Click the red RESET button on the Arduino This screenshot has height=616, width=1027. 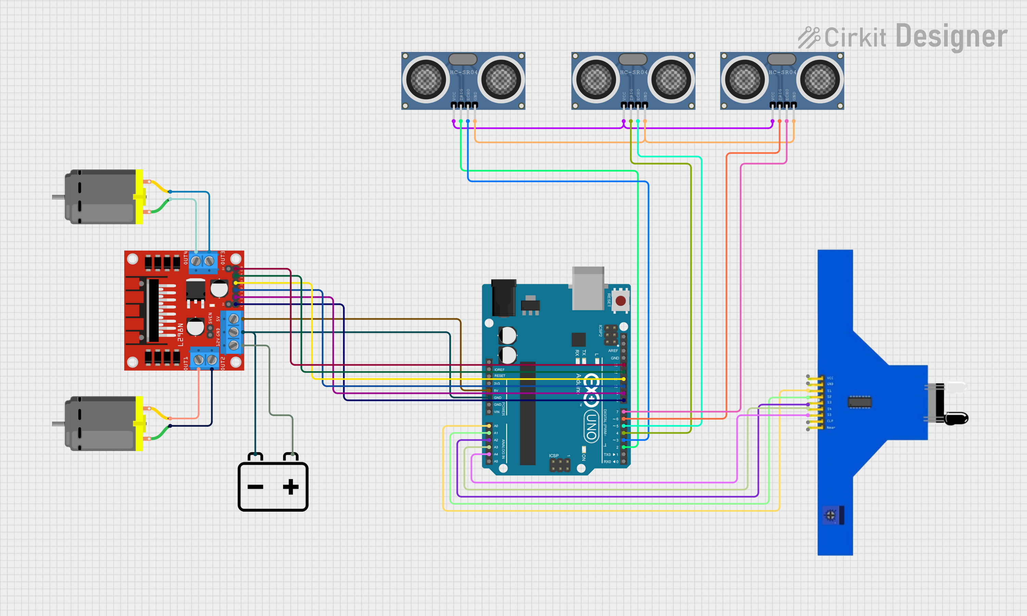coord(620,301)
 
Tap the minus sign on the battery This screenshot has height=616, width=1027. coord(255,487)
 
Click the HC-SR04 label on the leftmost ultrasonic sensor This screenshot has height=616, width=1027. coord(464,72)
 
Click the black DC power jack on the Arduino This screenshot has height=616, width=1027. coord(503,298)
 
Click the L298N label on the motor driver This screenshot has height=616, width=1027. coord(180,335)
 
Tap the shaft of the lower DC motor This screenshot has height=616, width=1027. coord(58,424)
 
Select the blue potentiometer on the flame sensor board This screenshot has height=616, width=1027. coord(830,515)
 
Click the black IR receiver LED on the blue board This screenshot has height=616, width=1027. coord(956,418)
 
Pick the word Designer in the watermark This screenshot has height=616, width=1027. coord(951,37)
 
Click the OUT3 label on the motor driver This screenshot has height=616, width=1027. coord(223,258)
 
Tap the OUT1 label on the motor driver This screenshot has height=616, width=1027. coord(186,363)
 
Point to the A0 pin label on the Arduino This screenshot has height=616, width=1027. coord(496,426)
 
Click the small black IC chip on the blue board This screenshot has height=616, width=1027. coord(859,402)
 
